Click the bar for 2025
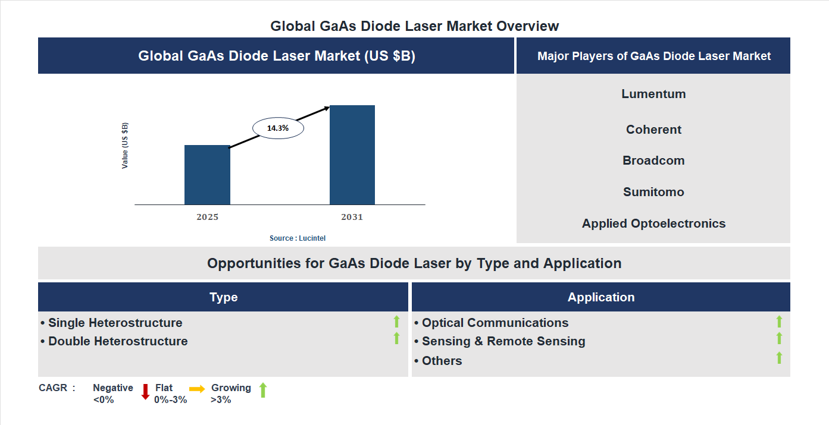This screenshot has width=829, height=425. [x=207, y=175]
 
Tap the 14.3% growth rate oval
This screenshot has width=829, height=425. [x=278, y=128]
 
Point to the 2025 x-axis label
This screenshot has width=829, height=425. [x=207, y=217]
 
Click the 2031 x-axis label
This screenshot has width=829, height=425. [x=352, y=217]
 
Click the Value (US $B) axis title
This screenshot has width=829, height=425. [x=125, y=146]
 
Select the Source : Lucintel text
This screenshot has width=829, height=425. [x=298, y=238]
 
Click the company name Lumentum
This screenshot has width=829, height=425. [x=653, y=94]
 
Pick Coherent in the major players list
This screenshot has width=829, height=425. [x=653, y=130]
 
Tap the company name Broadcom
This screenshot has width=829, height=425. [x=653, y=160]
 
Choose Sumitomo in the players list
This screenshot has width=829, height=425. [x=653, y=192]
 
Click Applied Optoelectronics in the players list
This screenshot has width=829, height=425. [x=653, y=223]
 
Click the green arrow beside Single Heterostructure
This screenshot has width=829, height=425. [x=396, y=322]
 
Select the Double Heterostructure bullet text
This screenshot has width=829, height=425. [x=118, y=341]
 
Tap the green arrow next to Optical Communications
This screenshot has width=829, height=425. [x=779, y=322]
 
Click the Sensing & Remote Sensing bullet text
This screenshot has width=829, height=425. [x=503, y=341]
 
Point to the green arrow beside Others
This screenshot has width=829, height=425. [x=779, y=358]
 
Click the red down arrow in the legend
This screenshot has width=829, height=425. [x=145, y=392]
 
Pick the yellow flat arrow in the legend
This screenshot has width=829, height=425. [x=197, y=389]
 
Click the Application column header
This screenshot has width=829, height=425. [x=601, y=297]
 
